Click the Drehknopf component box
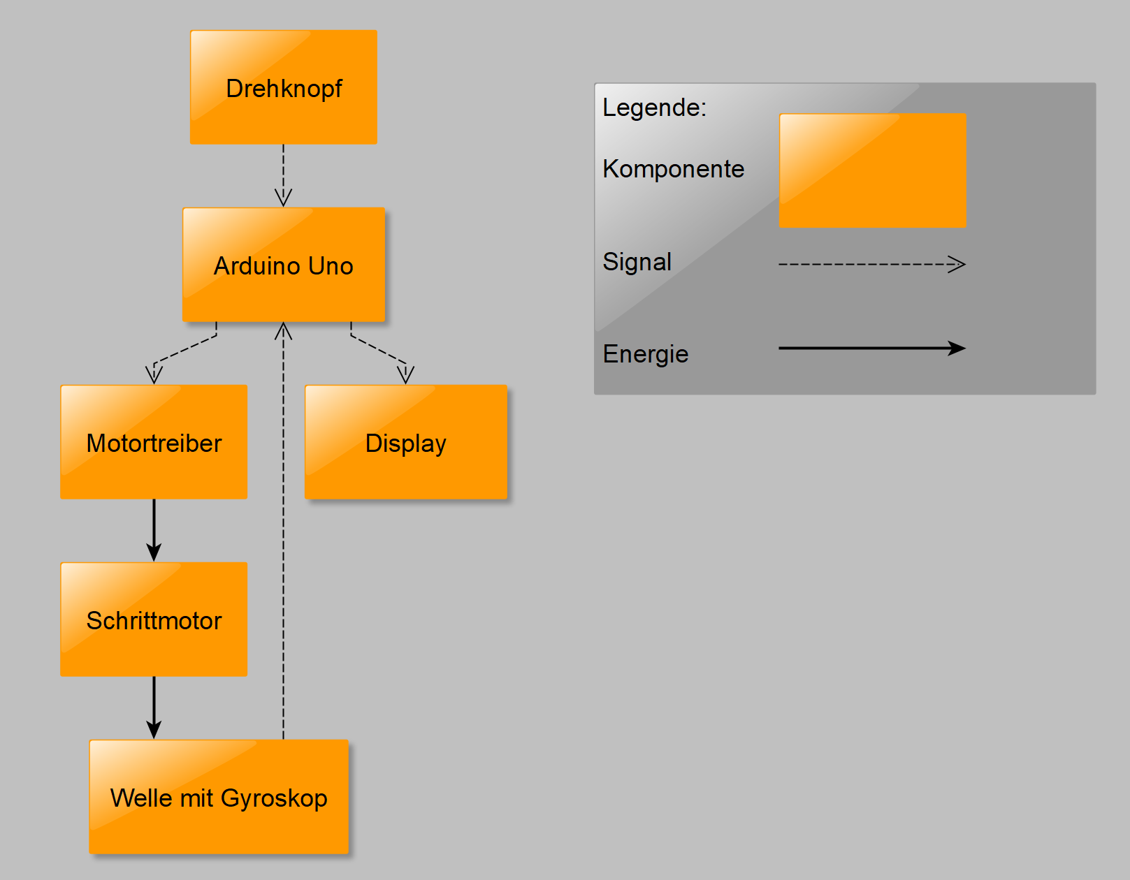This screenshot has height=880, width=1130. coord(283,87)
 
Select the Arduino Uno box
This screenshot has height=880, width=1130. coord(283,265)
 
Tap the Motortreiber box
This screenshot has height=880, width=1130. coord(154,442)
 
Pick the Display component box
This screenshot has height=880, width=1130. coord(405,442)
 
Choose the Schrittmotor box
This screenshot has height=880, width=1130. coord(154,619)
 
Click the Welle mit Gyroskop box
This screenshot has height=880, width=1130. coord(219,797)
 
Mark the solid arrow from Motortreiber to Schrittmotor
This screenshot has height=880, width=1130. coord(154,529)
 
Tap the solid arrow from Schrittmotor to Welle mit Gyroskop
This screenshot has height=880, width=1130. coord(154,706)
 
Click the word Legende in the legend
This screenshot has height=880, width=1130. coord(653,108)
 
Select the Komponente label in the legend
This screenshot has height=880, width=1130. coord(673,169)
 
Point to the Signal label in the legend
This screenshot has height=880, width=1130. coord(637,262)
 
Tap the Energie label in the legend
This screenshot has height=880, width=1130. coord(645,354)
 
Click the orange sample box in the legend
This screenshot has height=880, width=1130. coord(872,170)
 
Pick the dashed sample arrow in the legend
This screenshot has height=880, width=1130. coord(871,264)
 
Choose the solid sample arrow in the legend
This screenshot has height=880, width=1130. coord(871,348)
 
